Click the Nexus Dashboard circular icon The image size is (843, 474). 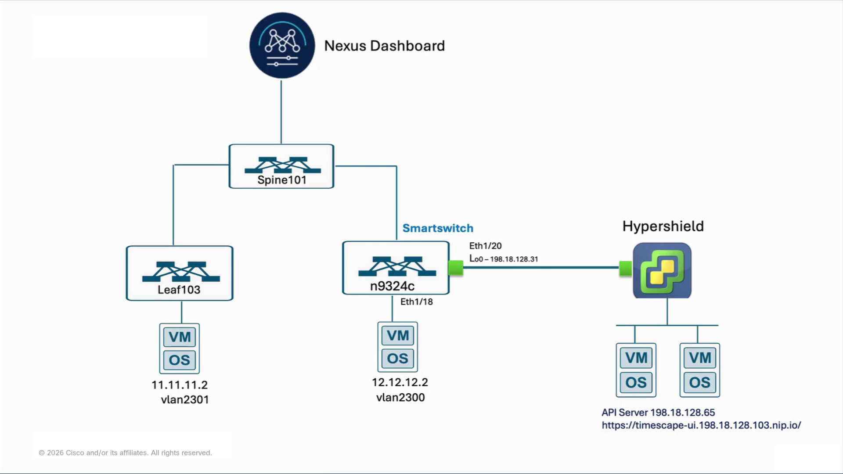[x=282, y=45]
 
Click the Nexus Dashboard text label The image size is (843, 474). [x=384, y=46]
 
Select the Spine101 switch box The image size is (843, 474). [x=281, y=166]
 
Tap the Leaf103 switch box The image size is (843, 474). [x=180, y=273]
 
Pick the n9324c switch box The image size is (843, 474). [x=396, y=268]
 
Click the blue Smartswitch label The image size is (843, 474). [x=438, y=228]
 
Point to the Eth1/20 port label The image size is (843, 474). [x=485, y=246]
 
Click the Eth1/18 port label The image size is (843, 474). [x=417, y=302]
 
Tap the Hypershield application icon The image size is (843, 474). [x=662, y=270]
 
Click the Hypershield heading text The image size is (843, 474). [x=663, y=226]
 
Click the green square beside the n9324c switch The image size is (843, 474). [x=456, y=268]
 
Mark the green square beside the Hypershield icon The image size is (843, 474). [x=626, y=268]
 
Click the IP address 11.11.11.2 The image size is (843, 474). [x=180, y=385]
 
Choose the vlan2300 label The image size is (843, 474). [x=400, y=397]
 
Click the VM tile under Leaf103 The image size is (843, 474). [x=180, y=337]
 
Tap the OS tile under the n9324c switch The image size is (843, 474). [x=398, y=359]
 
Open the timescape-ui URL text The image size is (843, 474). [x=701, y=425]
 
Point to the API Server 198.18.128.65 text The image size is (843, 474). [x=658, y=413]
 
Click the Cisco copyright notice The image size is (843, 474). [x=125, y=452]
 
